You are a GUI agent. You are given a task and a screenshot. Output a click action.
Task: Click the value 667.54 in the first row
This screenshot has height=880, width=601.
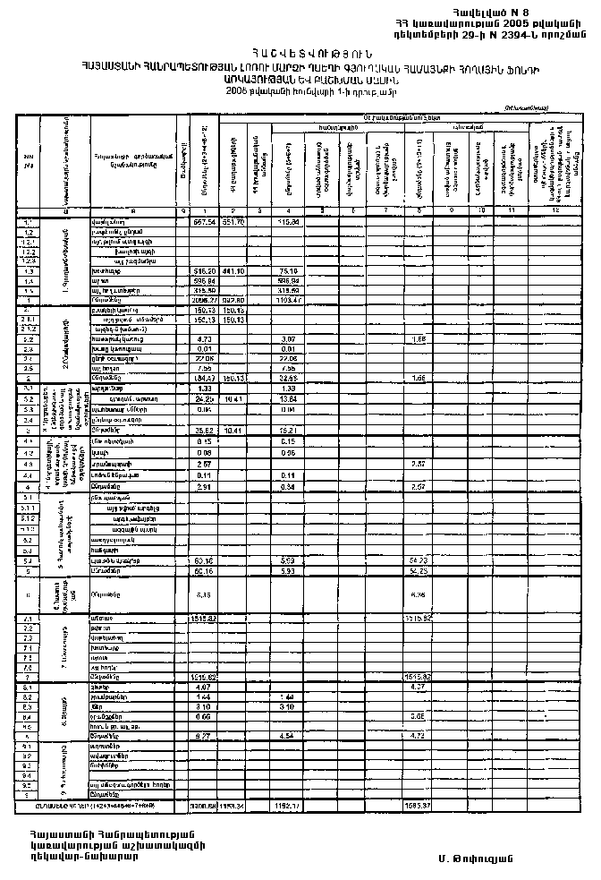pos(206,221)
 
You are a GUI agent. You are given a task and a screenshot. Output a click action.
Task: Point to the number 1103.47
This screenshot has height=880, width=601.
pos(288,300)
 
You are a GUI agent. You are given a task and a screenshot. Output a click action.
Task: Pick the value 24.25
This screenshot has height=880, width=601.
pos(206,398)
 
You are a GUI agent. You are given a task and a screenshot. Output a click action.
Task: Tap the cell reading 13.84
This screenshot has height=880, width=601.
pos(288,398)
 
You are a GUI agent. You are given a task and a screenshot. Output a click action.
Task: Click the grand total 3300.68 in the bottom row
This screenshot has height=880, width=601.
pos(205,807)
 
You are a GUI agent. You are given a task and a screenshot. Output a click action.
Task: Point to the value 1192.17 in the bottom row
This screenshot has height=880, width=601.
pos(288,807)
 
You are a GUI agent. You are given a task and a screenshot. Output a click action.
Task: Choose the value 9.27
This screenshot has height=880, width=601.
pos(206,736)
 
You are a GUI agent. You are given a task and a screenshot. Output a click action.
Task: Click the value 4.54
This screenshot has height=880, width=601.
pos(288,736)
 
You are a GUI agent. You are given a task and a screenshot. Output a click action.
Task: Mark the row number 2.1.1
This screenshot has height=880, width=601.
pos(28,320)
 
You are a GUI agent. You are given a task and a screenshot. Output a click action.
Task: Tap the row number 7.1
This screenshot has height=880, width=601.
pos(28,619)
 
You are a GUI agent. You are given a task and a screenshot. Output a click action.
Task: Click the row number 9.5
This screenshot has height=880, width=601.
pos(28,785)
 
